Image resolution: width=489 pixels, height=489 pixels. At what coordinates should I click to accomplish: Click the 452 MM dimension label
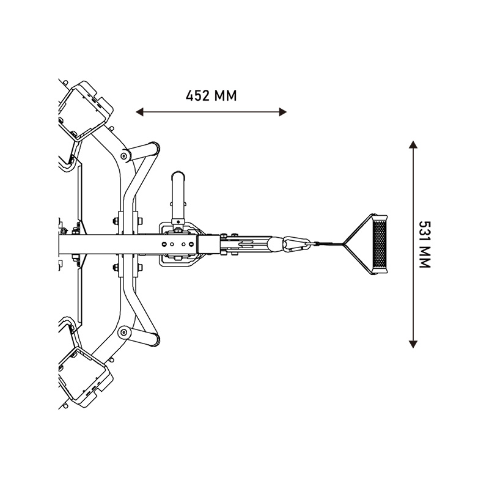(x=211, y=96)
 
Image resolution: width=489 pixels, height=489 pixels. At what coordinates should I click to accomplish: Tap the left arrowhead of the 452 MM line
(x=139, y=112)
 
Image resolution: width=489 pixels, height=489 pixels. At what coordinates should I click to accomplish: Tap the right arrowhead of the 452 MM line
(x=282, y=112)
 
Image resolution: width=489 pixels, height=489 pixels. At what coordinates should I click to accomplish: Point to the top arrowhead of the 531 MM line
(x=413, y=145)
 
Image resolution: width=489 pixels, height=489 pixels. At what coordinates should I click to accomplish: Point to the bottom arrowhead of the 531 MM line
(x=413, y=344)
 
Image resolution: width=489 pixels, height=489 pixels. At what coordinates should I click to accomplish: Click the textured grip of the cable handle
(x=380, y=244)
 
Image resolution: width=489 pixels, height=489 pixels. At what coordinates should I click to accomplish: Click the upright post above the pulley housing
(x=178, y=196)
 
